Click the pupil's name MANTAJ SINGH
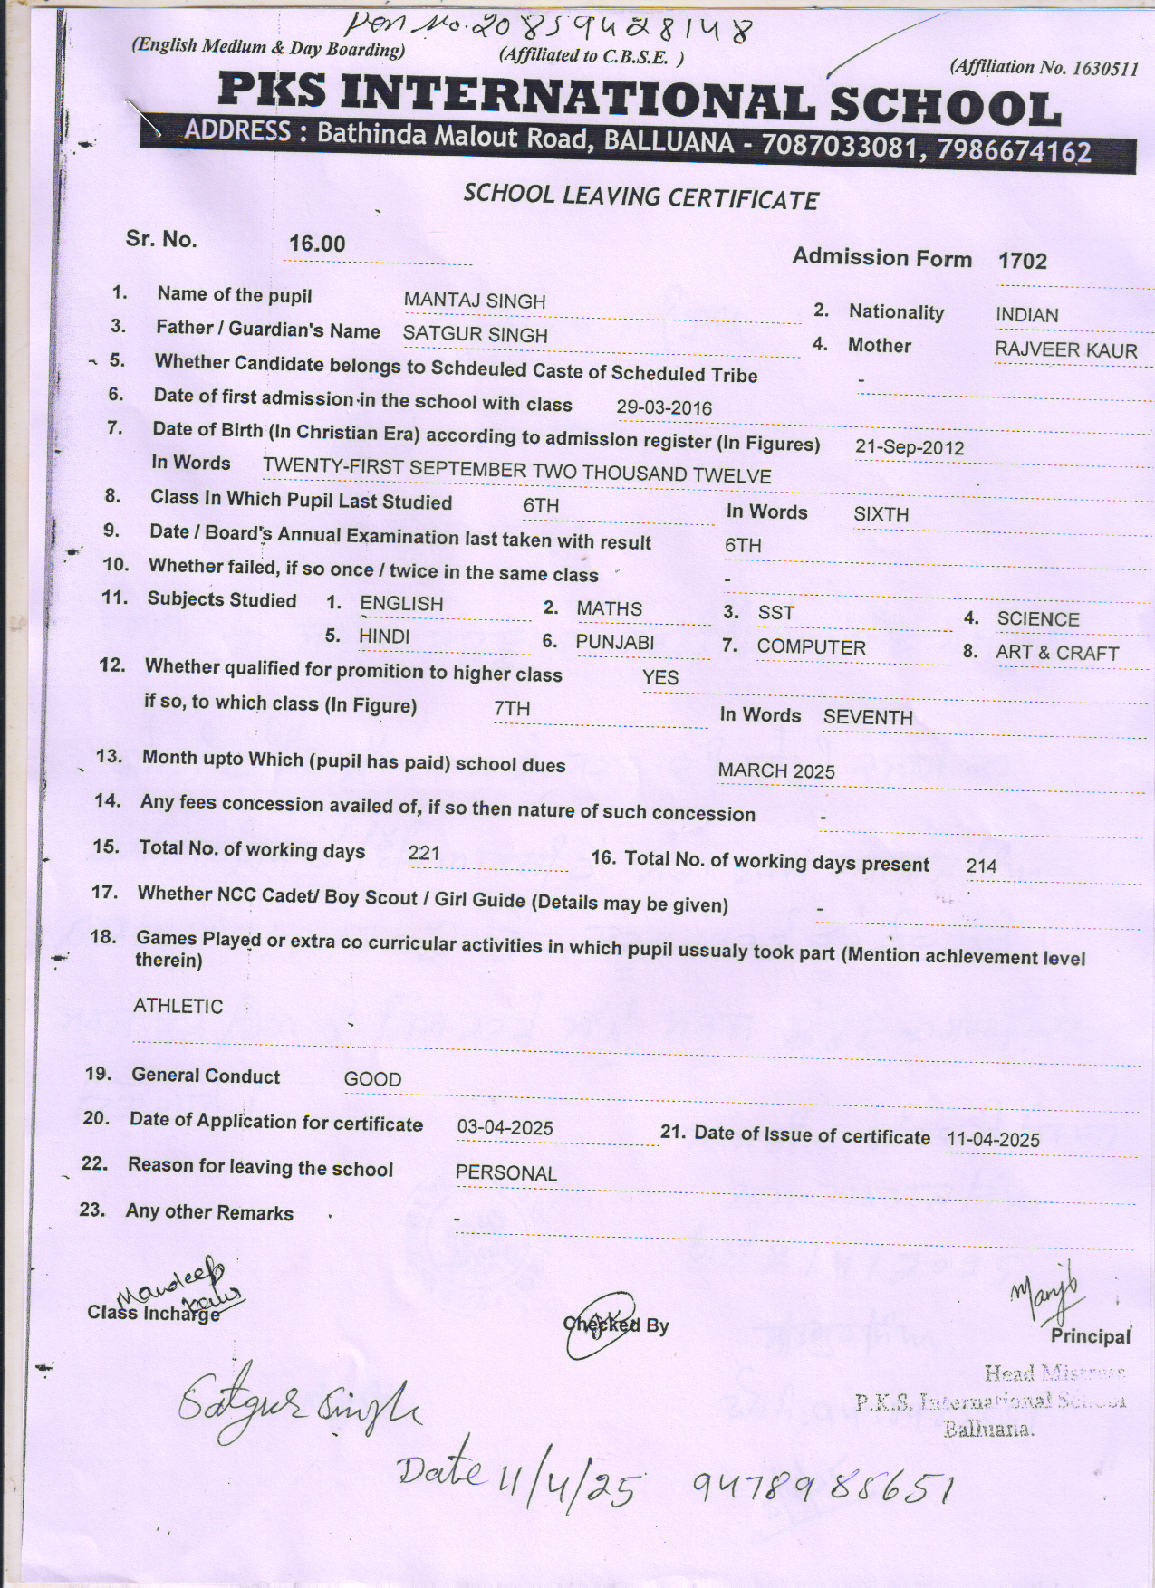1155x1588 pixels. point(474,301)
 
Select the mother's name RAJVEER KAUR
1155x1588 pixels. point(1065,349)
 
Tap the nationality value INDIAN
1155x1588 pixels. point(1026,315)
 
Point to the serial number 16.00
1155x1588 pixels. point(317,244)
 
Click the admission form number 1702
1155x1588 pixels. point(1022,262)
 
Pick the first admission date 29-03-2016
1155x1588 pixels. point(664,407)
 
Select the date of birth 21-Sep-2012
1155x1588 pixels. point(909,447)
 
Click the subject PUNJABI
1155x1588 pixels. point(614,642)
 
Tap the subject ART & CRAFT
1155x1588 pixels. point(1056,653)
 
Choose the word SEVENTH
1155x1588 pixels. point(867,718)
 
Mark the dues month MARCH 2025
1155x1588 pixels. point(776,771)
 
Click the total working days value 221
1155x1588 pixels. point(424,852)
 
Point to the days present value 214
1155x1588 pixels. point(981,866)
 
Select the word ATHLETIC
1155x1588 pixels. point(178,1006)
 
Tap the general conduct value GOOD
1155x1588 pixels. point(372,1079)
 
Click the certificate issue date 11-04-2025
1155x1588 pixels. point(993,1140)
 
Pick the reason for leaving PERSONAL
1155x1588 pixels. point(505,1173)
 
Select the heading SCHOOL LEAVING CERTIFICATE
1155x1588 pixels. point(640,196)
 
